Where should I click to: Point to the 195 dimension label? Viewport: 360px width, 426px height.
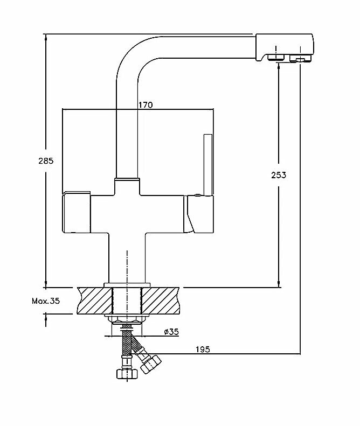pos(203,350)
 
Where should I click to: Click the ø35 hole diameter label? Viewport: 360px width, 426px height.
pos(170,332)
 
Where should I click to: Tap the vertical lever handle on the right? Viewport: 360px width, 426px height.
pos(207,164)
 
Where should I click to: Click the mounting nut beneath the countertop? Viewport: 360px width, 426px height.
pos(127,320)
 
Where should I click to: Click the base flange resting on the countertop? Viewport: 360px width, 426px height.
pos(127,284)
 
